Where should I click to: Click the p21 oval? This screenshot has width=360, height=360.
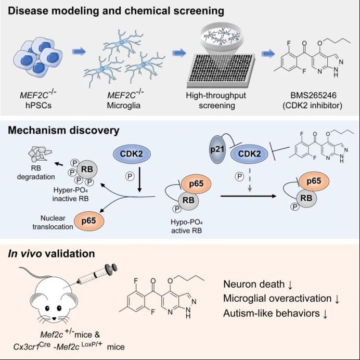pos(217,149)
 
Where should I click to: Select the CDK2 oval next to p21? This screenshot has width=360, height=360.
pos(249,153)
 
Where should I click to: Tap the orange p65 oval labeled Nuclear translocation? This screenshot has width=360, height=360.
pos(89,221)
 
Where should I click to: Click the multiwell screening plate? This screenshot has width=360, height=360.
pos(221,70)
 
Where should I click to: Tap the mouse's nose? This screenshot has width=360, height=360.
pos(54,318)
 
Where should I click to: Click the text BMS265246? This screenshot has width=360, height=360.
pos(313,95)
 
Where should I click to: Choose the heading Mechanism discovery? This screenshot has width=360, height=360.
pos(63,131)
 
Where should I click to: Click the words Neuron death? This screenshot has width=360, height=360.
pos(254,284)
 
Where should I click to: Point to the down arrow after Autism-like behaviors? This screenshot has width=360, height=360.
pos(325,314)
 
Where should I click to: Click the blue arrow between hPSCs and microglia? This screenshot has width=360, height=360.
pos(79,52)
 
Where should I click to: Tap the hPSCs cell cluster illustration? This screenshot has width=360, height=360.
pos(38,57)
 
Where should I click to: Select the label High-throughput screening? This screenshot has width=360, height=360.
pos(216,100)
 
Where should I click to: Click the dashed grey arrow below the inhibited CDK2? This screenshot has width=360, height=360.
pos(250,180)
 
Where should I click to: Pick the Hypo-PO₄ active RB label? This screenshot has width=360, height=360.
pos(186,226)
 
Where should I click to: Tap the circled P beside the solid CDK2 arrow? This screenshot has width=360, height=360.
pos(130,176)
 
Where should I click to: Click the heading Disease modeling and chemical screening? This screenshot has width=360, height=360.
pos(116,11)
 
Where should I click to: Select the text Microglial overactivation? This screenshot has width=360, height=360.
pos(277,299)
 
